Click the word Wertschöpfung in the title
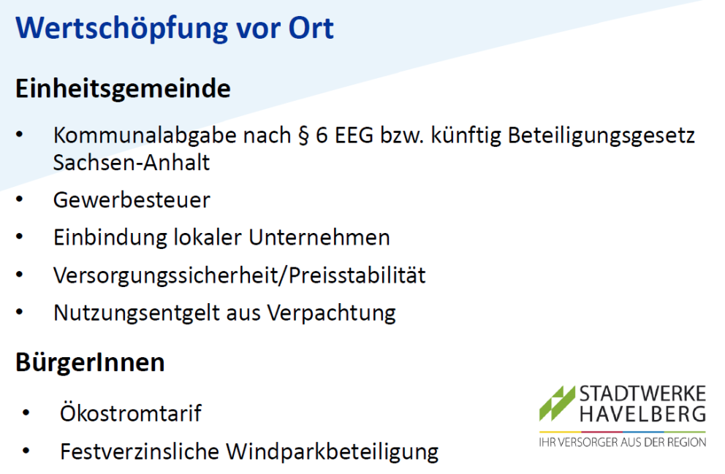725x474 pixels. click(x=121, y=28)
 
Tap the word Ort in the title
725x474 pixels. click(x=311, y=28)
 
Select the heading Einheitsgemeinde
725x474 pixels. click(x=123, y=88)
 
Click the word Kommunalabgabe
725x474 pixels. click(x=145, y=136)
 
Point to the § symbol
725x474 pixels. click(x=303, y=137)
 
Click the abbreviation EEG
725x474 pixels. click(x=354, y=136)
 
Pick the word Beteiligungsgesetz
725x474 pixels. click(x=601, y=137)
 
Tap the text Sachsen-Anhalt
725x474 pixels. click(x=132, y=163)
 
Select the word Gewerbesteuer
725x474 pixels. click(x=132, y=200)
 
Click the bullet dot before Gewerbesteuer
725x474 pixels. click(x=20, y=199)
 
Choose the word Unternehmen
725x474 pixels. click(x=319, y=237)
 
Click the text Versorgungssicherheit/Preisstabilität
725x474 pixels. click(x=240, y=275)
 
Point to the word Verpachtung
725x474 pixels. click(x=332, y=313)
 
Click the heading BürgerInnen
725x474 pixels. click(x=90, y=362)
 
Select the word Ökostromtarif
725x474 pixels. click(x=131, y=413)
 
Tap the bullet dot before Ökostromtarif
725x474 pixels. click(x=26, y=413)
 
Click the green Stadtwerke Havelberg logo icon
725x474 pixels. click(x=557, y=403)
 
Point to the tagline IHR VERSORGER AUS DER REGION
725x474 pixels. click(x=623, y=442)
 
